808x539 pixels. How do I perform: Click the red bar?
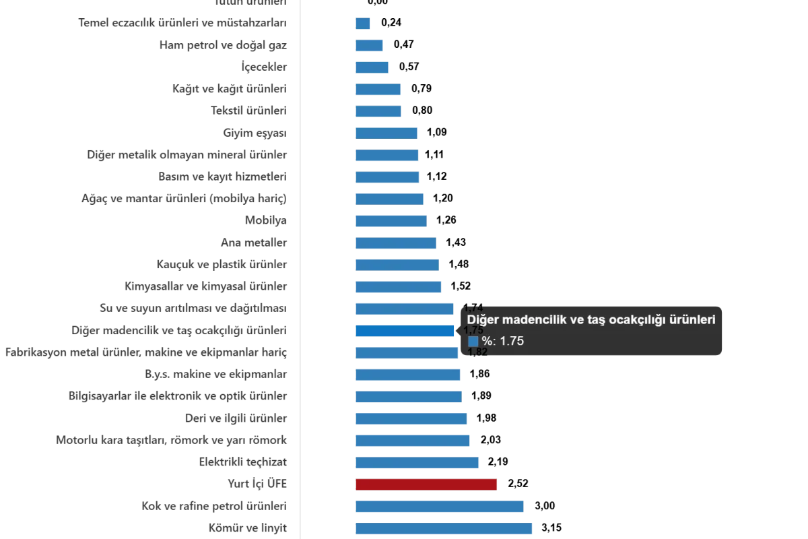(428, 484)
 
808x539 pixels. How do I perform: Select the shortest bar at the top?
(363, 24)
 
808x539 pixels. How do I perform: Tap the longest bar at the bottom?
(444, 530)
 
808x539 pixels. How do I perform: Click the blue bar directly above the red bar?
(417, 462)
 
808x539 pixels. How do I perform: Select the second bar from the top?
(370, 46)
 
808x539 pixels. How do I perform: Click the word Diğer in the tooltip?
(482, 321)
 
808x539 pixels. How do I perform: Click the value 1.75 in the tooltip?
(512, 342)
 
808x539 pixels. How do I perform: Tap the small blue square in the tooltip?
(473, 342)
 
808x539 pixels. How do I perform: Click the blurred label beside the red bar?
(259, 483)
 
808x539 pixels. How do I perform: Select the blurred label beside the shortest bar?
(182, 22)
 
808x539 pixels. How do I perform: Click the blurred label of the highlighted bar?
(180, 331)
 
